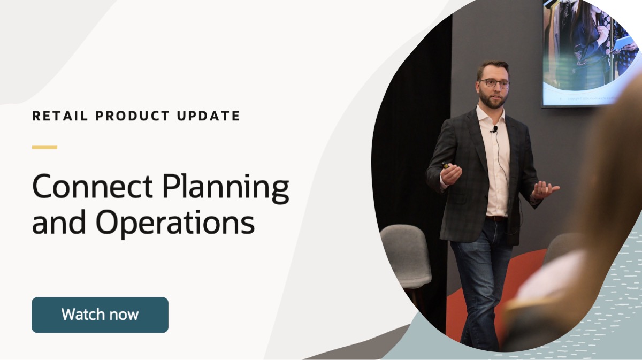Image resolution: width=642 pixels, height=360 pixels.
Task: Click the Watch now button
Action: click(x=100, y=315)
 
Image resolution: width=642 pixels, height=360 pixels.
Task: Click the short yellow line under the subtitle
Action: click(x=44, y=147)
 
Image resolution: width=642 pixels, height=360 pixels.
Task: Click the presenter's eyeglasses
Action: click(x=494, y=83)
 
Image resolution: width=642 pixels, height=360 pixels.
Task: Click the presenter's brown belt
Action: click(x=495, y=218)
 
